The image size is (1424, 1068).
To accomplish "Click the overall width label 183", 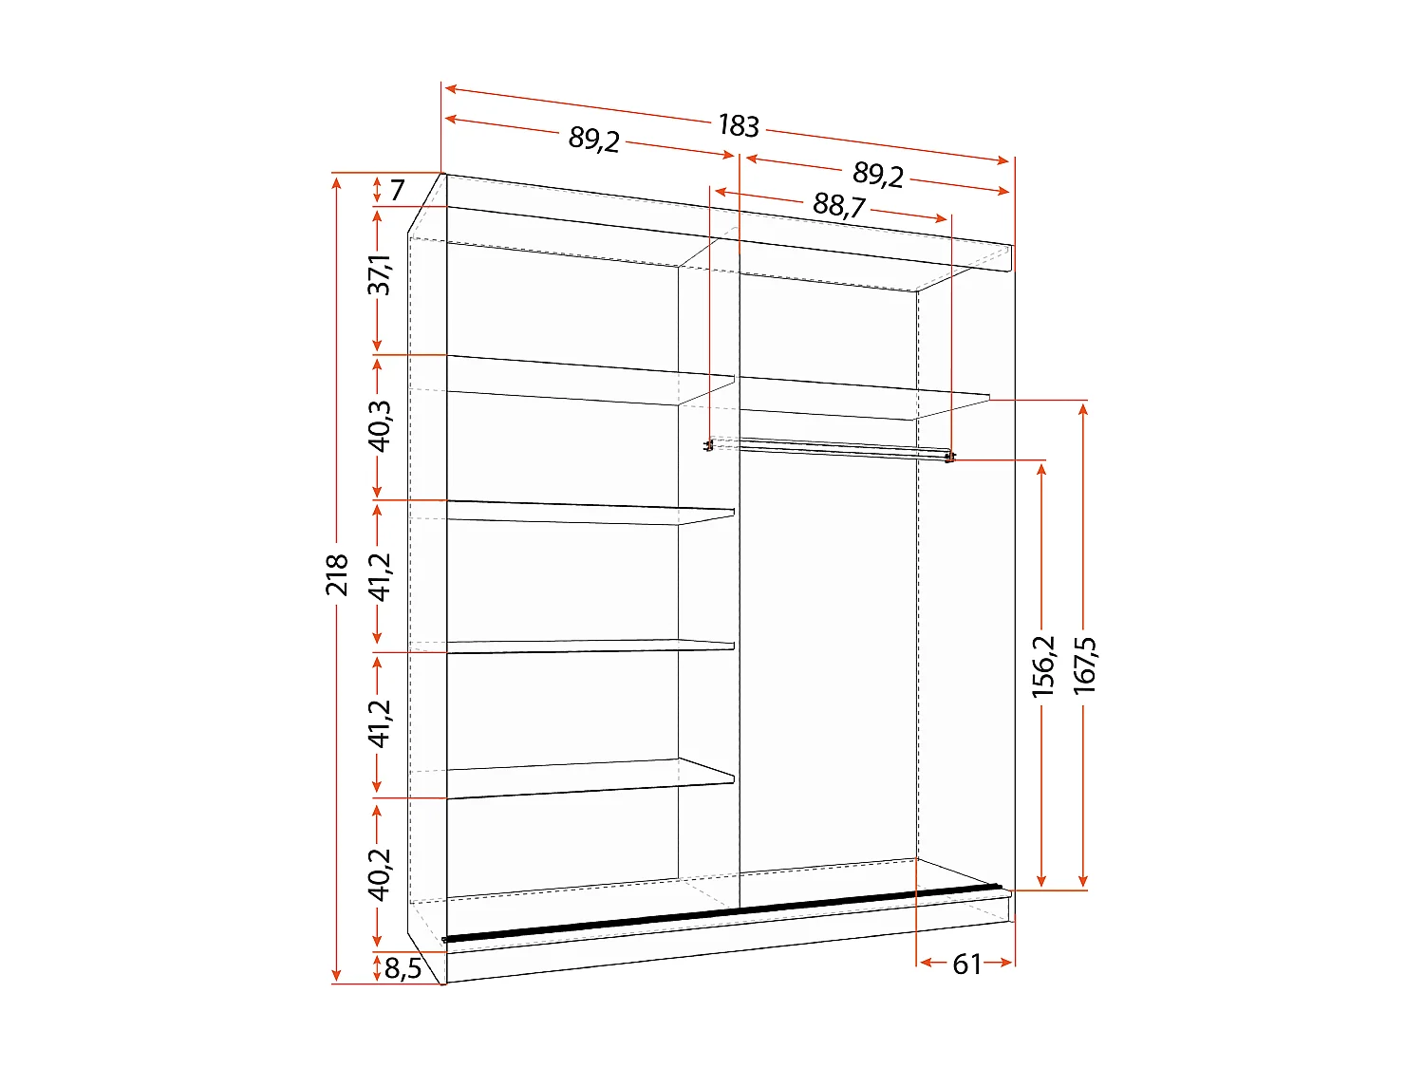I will pyautogui.click(x=739, y=125).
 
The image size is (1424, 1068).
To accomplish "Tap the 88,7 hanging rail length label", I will pyautogui.click(x=838, y=204).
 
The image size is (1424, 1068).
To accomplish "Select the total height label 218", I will pyautogui.click(x=337, y=575).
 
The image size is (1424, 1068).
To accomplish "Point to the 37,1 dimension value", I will pyautogui.click(x=380, y=274).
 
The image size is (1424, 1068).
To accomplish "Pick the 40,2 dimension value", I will pyautogui.click(x=380, y=873).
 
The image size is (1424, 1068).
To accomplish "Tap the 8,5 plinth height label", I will pyautogui.click(x=403, y=969).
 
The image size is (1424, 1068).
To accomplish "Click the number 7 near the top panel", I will pyautogui.click(x=397, y=190).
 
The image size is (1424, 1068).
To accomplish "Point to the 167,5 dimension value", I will pyautogui.click(x=1085, y=665).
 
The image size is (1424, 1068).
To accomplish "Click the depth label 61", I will pyautogui.click(x=966, y=965).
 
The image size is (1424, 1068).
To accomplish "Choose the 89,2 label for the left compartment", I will pyautogui.click(x=594, y=140).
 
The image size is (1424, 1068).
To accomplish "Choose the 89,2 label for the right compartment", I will pyautogui.click(x=878, y=174).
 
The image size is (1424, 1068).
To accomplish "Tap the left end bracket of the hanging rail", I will pyautogui.click(x=708, y=445).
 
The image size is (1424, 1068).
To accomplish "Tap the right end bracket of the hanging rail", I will pyautogui.click(x=949, y=459).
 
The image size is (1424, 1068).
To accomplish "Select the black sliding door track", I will pyautogui.click(x=721, y=913).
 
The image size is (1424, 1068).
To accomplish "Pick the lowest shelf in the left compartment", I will pyautogui.click(x=589, y=778).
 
